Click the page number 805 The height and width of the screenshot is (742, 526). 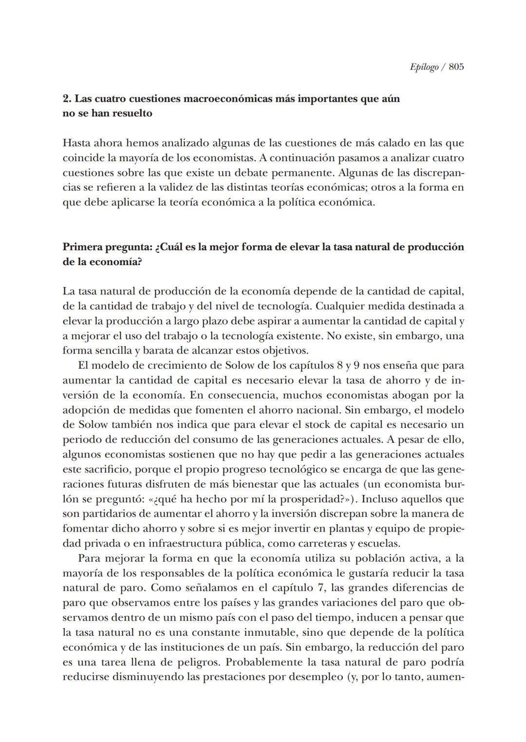(x=456, y=67)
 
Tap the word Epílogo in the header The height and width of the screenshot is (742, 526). (x=424, y=67)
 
